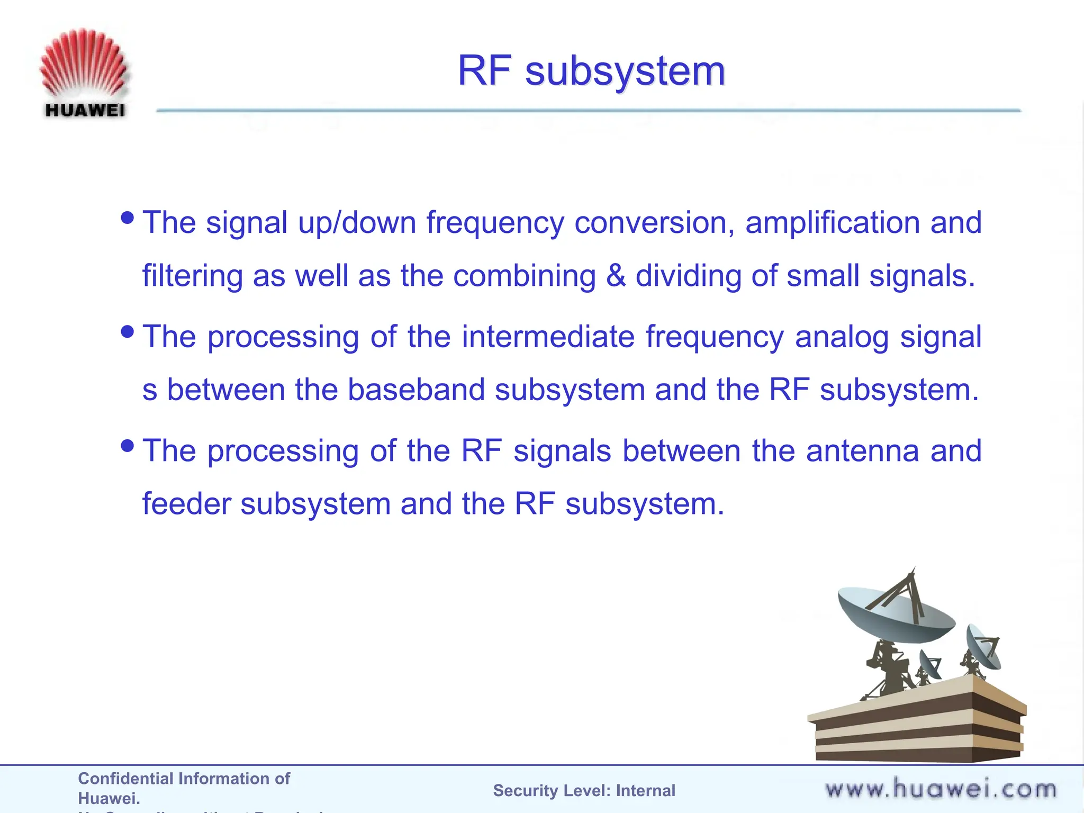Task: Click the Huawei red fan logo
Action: (84, 64)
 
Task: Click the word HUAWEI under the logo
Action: (85, 110)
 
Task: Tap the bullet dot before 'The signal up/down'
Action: (128, 218)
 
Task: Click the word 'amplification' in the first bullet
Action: (832, 222)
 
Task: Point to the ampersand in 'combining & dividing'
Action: (616, 276)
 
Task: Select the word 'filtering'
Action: (192, 276)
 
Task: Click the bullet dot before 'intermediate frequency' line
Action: (128, 332)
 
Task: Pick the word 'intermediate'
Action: (548, 337)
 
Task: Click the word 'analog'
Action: (842, 338)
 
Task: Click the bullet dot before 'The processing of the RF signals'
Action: (128, 446)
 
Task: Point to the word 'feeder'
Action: (187, 503)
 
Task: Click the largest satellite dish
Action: (895, 614)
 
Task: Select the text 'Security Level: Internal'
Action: (584, 791)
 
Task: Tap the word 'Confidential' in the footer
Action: (125, 779)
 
